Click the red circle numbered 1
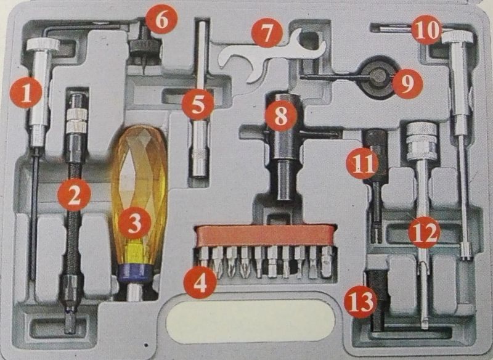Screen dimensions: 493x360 [26, 92]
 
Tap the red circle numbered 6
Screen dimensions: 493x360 [161, 19]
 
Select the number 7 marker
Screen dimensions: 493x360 [267, 33]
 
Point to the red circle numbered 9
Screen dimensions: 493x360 [407, 83]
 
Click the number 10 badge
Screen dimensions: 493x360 [426, 30]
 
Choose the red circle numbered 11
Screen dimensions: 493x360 [362, 163]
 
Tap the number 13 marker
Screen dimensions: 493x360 [361, 303]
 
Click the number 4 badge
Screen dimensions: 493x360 [200, 282]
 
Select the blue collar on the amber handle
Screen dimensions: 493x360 [135, 273]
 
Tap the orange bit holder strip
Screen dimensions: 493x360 [266, 235]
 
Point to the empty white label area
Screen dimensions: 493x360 [250, 321]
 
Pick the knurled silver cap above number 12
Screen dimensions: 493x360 [422, 141]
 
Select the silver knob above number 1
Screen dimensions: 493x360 [43, 44]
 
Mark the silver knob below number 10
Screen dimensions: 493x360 [457, 38]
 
